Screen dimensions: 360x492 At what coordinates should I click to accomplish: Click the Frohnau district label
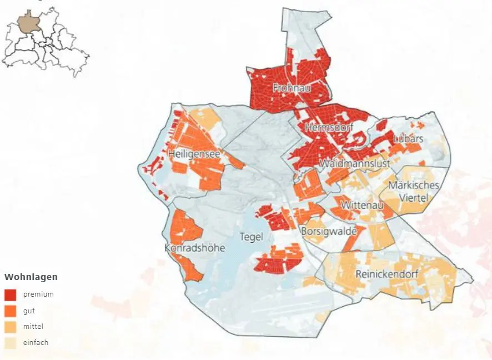(x=291, y=88)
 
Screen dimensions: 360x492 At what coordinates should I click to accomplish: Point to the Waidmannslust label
(x=355, y=164)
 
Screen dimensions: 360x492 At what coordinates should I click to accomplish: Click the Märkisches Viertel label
(x=414, y=191)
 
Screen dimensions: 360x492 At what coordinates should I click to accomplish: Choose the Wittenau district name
(x=362, y=205)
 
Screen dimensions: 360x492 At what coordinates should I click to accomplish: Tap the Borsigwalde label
(x=328, y=231)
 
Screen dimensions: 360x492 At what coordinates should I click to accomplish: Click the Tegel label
(x=250, y=236)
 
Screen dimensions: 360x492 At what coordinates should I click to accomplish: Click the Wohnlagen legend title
(x=31, y=277)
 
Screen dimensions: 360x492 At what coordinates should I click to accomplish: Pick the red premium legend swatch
(x=11, y=294)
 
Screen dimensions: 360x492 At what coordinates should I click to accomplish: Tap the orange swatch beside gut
(x=11, y=311)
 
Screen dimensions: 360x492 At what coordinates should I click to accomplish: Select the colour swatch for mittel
(x=11, y=327)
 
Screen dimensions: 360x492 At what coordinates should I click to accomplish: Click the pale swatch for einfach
(x=11, y=343)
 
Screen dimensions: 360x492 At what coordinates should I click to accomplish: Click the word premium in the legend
(x=38, y=294)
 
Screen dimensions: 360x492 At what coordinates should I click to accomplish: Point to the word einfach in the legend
(x=36, y=343)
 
